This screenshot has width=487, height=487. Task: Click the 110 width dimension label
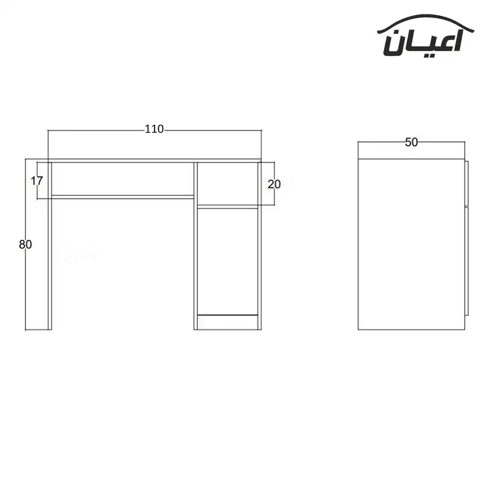coord(154,129)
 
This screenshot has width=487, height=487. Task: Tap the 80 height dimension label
coord(25,245)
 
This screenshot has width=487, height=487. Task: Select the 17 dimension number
coord(37,180)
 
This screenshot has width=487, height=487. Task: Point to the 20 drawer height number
coord(273,184)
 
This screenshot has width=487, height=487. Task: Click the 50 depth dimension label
coord(411,142)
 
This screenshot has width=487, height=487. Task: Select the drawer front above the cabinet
coord(227,183)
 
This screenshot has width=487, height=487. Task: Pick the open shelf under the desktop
coord(122,179)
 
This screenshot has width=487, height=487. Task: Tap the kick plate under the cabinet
coord(227,323)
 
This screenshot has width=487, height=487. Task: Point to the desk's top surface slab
coord(154,161)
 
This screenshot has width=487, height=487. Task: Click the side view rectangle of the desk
coord(411,243)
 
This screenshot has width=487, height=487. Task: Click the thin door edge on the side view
coord(466,243)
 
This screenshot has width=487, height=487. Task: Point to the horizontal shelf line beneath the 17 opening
coord(122,196)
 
